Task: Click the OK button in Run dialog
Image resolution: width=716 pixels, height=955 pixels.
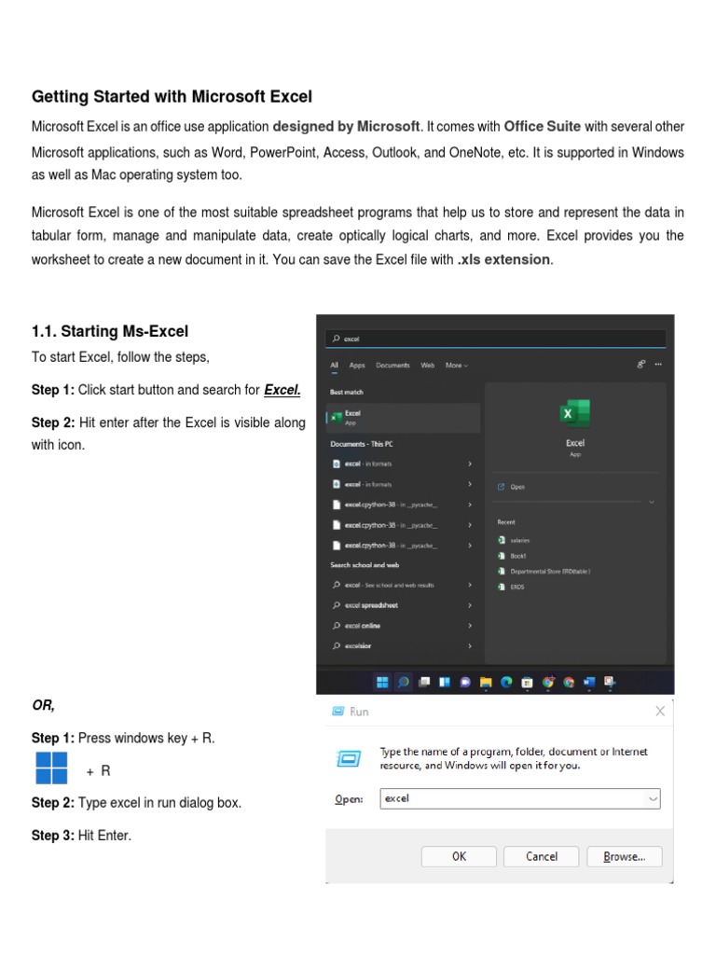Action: (x=459, y=856)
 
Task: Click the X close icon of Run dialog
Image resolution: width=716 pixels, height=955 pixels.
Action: (x=660, y=712)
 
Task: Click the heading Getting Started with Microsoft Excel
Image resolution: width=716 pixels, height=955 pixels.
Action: (x=172, y=97)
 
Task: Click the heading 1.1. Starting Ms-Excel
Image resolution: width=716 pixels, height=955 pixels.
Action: (x=110, y=331)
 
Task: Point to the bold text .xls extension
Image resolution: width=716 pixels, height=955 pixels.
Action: (x=504, y=259)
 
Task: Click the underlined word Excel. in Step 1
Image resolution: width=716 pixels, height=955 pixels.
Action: (x=282, y=390)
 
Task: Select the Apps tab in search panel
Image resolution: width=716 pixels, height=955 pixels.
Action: (x=357, y=366)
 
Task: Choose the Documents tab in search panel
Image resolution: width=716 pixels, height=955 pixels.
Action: (x=392, y=366)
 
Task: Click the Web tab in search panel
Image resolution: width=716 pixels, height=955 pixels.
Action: (x=427, y=366)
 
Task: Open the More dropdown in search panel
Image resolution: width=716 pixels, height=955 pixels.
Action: (x=456, y=366)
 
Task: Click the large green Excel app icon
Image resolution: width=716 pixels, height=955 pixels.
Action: (x=574, y=414)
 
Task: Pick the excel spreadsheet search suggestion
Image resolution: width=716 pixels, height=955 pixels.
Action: (x=371, y=605)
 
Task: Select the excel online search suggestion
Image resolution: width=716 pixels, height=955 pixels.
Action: (x=363, y=626)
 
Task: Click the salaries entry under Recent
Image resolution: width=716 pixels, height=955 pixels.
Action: (x=519, y=540)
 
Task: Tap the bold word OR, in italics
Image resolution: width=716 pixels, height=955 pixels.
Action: (x=43, y=705)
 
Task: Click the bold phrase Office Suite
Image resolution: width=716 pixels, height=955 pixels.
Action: (x=543, y=126)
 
